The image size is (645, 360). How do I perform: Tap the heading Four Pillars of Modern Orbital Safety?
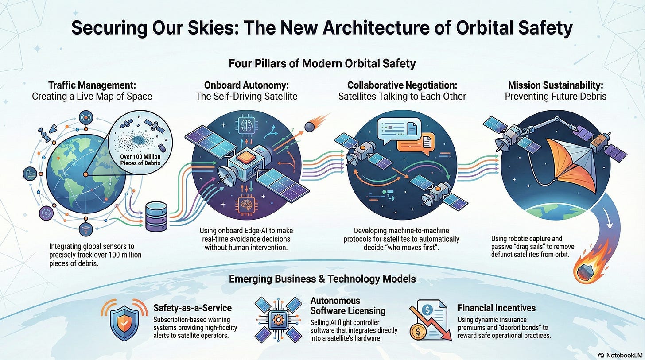(322, 63)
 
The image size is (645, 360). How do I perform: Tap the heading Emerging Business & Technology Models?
(322, 279)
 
